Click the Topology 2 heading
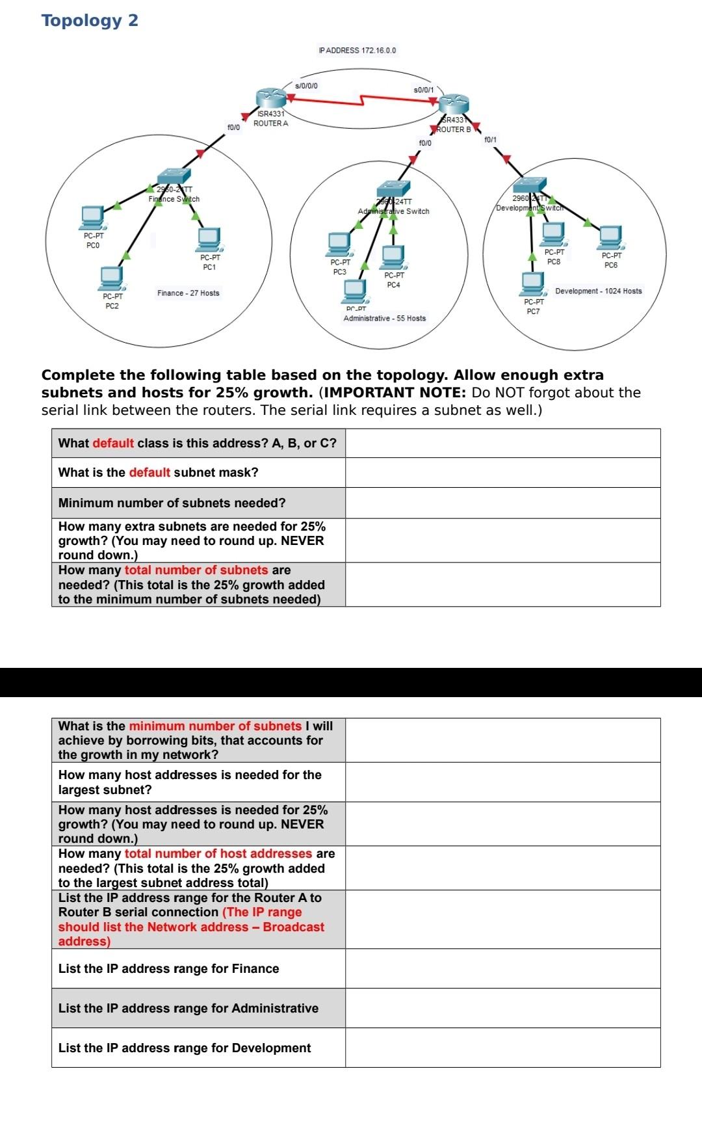90,20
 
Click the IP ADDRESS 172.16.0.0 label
357,50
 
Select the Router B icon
454,103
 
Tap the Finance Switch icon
174,176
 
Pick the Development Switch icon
530,185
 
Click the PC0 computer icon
92,216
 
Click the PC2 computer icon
111,278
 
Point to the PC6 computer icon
610,237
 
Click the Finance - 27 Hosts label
188,293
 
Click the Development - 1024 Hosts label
598,291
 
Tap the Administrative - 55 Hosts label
384,318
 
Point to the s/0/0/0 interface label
306,85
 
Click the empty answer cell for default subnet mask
502,473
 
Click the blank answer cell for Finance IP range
502,968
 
